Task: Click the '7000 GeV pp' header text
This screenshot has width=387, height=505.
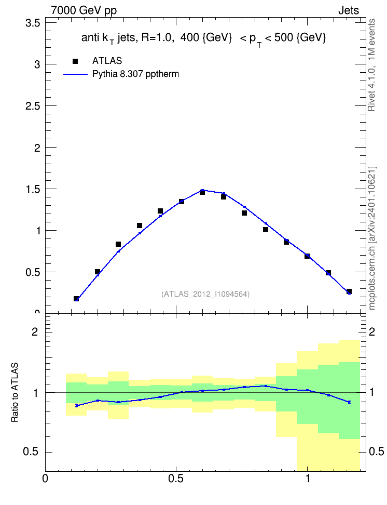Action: pos(84,10)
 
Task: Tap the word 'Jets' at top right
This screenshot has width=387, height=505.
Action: pos(349,10)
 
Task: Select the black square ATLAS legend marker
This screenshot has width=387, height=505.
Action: pos(75,61)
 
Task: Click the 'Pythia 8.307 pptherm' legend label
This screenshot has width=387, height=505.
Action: pos(135,74)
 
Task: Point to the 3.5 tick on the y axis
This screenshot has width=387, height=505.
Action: pos(33,23)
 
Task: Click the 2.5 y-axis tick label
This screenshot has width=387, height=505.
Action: pos(33,106)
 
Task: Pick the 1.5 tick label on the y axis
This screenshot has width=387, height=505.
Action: pos(33,189)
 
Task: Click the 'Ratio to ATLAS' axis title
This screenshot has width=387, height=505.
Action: pos(15,392)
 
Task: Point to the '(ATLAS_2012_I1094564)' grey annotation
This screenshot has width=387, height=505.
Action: pos(205,294)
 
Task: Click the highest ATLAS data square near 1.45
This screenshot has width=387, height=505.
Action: pos(202,192)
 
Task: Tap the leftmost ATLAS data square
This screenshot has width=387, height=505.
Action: pos(76,299)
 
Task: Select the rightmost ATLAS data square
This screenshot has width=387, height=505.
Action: pos(349,291)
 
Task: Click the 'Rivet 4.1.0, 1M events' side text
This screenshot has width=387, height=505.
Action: pos(371,65)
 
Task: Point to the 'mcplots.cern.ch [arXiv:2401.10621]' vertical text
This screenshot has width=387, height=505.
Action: pos(371,238)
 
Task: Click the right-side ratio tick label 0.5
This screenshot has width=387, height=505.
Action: pos(376,452)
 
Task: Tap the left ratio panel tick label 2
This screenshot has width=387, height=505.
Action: pos(35,331)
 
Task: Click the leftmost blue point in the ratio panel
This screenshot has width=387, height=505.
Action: pos(77,405)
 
